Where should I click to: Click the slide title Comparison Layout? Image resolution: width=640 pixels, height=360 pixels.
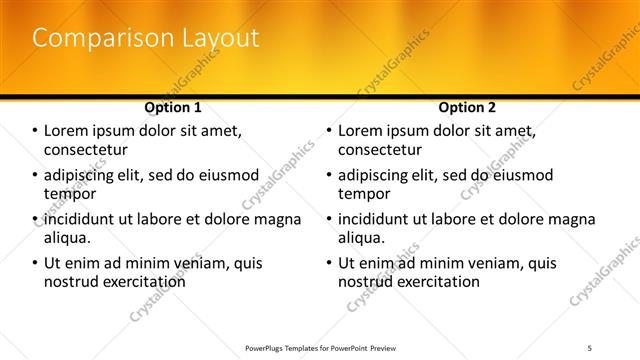[145, 39]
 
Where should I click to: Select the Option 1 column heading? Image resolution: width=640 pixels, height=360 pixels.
[173, 107]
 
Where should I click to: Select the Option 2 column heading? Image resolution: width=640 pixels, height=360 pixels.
[467, 107]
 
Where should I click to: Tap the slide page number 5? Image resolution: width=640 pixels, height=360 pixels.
[589, 348]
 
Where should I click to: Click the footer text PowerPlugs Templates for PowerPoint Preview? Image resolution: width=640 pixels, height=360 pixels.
[320, 348]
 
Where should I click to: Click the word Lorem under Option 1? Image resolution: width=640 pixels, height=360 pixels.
[67, 131]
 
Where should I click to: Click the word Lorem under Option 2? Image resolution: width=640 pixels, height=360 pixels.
[361, 131]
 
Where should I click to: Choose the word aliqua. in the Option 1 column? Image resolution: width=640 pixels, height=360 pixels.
[67, 238]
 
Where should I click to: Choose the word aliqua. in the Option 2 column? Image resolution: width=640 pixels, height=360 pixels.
[361, 238]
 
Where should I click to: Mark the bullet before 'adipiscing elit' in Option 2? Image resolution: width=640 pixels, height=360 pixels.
[329, 176]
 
